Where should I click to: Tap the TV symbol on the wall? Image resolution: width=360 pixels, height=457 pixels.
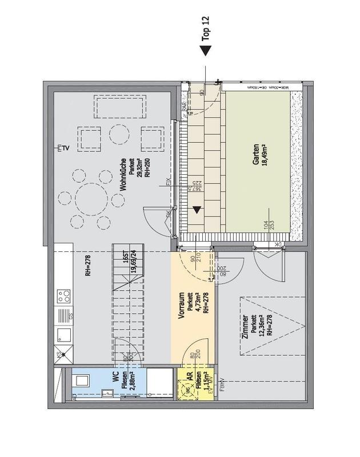pos(63,149)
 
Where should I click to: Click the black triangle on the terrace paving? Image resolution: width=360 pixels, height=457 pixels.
pos(197,210)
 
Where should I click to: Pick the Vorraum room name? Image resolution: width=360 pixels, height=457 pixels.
pos(182,308)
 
